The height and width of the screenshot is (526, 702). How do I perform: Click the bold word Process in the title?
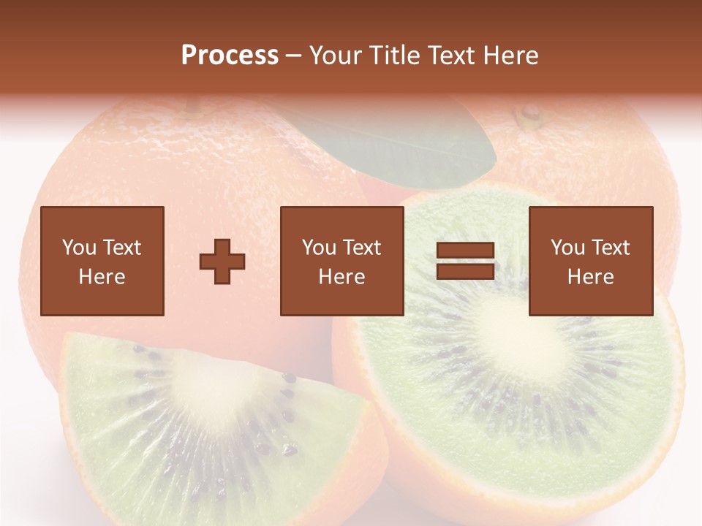(230, 56)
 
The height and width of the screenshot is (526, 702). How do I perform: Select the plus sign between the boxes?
(222, 262)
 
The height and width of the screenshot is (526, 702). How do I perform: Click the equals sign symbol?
(465, 261)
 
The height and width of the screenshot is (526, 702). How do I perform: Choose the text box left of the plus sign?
(102, 261)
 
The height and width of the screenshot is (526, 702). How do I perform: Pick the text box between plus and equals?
(341, 261)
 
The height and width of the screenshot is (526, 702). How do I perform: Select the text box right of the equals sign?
(590, 261)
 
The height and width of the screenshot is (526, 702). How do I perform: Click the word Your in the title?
(336, 56)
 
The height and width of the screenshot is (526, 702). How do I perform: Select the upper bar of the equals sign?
(465, 251)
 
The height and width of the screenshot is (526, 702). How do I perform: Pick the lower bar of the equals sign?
(465, 271)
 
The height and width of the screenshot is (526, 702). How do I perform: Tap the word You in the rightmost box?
(567, 248)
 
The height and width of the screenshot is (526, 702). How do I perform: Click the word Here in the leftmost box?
(102, 277)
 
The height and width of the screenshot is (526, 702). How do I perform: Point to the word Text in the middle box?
(363, 248)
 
